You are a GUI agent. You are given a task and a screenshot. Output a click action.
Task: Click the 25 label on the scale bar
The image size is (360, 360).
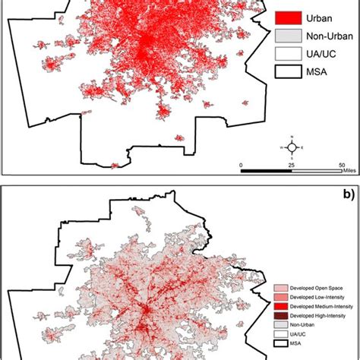pyautogui.click(x=292, y=165)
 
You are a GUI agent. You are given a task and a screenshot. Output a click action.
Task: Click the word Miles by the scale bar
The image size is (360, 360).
pyautogui.click(x=349, y=172)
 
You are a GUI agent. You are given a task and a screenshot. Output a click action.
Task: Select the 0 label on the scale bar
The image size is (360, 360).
pyautogui.click(x=242, y=165)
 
